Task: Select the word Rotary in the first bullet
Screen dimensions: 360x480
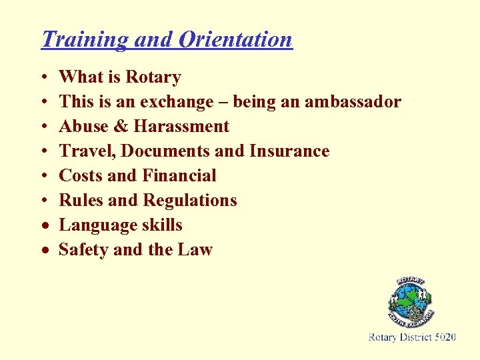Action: [x=153, y=77]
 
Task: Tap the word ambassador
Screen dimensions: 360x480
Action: [x=353, y=102]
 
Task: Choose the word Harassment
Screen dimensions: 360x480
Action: [x=181, y=127]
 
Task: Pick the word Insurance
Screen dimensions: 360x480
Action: [x=289, y=151]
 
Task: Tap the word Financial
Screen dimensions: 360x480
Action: [x=179, y=176]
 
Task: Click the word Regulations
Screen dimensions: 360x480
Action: [x=191, y=201]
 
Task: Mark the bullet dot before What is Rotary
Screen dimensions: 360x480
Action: [x=43, y=78]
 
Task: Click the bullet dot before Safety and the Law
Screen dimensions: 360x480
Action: [x=43, y=251]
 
